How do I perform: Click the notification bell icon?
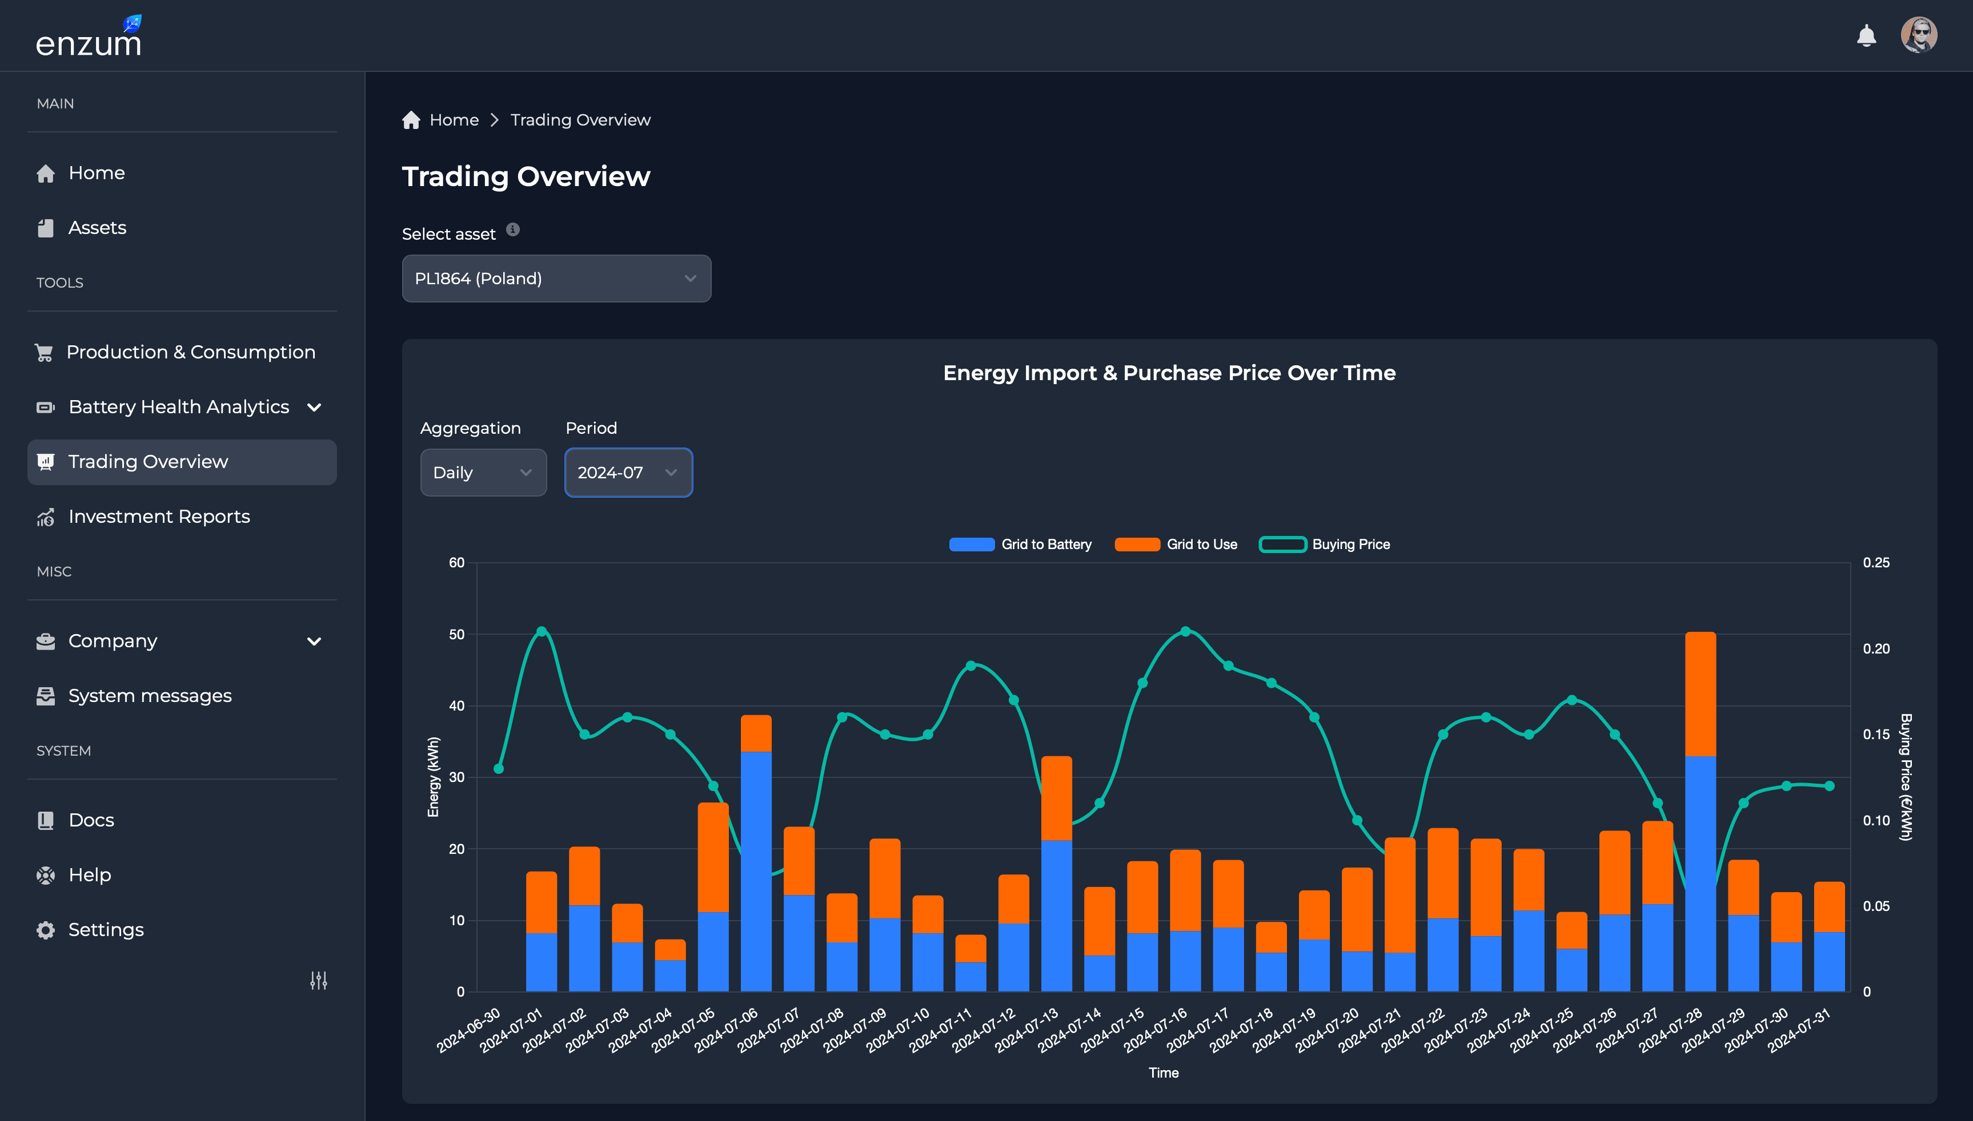click(x=1866, y=35)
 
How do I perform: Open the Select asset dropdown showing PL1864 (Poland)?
click(x=556, y=279)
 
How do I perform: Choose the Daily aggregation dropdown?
click(x=483, y=473)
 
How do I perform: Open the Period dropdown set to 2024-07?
click(x=628, y=473)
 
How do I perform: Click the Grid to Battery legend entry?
click(x=1020, y=545)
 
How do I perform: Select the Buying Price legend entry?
click(x=1324, y=545)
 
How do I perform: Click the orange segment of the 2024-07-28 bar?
click(x=1701, y=693)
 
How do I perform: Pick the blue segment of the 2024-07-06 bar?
click(x=756, y=870)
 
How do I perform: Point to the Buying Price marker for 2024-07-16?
click(x=1186, y=631)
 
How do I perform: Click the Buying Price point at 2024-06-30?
click(x=499, y=768)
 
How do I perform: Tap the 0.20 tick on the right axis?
click(x=1876, y=648)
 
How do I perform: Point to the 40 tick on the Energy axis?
click(x=457, y=705)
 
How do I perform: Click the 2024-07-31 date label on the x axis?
click(x=1798, y=1030)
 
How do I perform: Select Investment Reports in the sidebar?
click(x=159, y=517)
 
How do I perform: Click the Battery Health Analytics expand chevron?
click(x=314, y=408)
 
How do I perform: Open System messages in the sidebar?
click(x=150, y=696)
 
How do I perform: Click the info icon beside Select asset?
click(x=513, y=229)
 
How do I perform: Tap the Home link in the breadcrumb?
click(x=454, y=120)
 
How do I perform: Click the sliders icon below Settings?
click(x=318, y=980)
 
